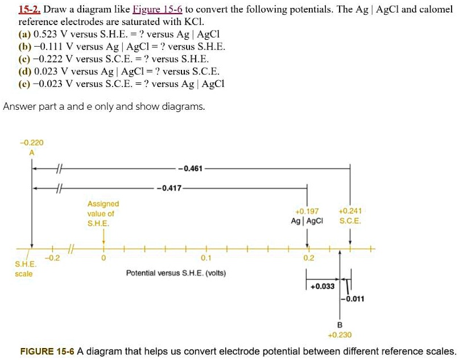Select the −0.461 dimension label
[192, 168]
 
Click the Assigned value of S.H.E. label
[103, 213]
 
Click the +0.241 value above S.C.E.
[349, 211]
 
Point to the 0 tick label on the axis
[103, 258]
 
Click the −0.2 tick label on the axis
[52, 258]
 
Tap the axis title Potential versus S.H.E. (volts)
[176, 273]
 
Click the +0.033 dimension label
[322, 286]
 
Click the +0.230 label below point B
[340, 336]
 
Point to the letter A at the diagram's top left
[32, 152]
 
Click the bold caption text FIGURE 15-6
[47, 351]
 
